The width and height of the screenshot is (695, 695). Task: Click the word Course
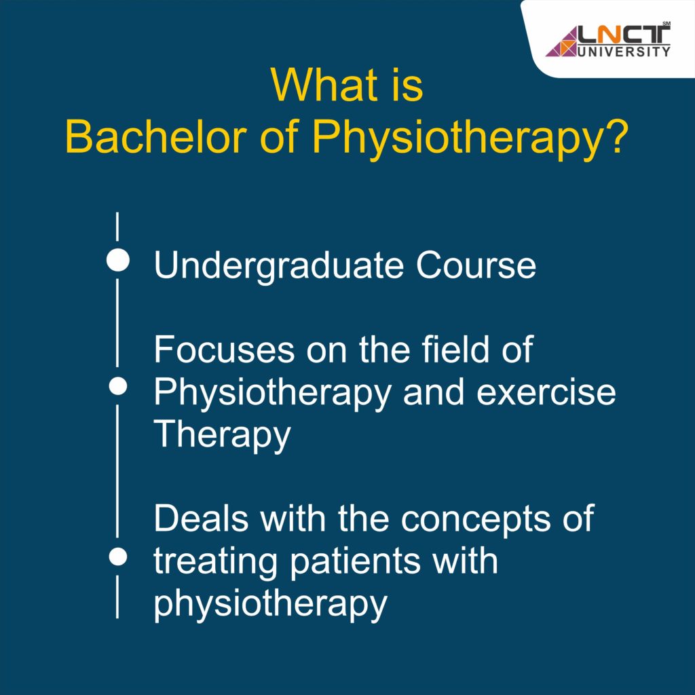pyautogui.click(x=476, y=265)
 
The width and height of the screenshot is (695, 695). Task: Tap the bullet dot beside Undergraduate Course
pyautogui.click(x=118, y=261)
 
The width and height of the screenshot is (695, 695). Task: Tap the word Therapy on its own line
pyautogui.click(x=222, y=436)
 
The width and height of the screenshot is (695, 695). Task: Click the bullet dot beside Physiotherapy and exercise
pyautogui.click(x=119, y=386)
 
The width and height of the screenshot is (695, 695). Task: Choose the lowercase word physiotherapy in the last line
pyautogui.click(x=270, y=604)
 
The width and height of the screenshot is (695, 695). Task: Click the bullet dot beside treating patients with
pyautogui.click(x=119, y=557)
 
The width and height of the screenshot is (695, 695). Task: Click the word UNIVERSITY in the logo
pyautogui.click(x=622, y=51)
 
